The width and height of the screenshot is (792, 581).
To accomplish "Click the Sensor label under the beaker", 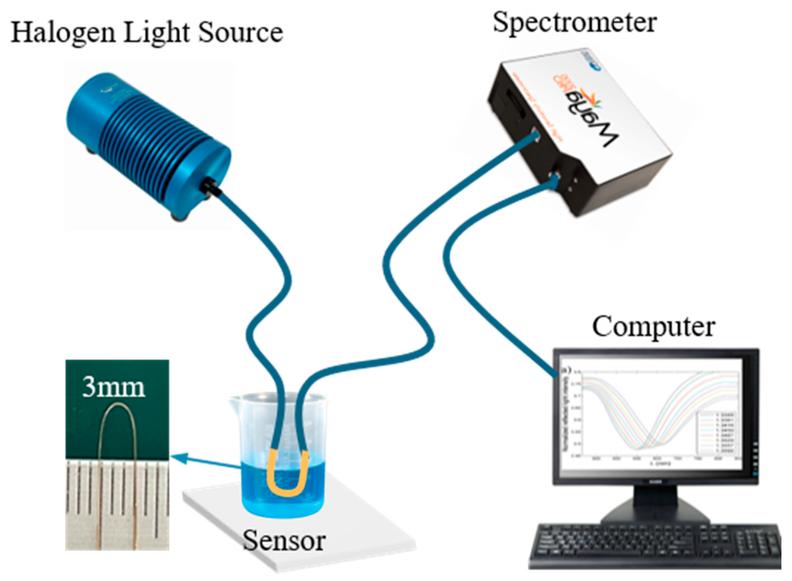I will point(284,540).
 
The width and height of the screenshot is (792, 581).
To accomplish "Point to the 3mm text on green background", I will point(114,387).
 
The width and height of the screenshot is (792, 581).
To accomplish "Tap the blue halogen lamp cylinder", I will point(147,140).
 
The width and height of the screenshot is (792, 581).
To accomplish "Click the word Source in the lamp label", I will point(241,33).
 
